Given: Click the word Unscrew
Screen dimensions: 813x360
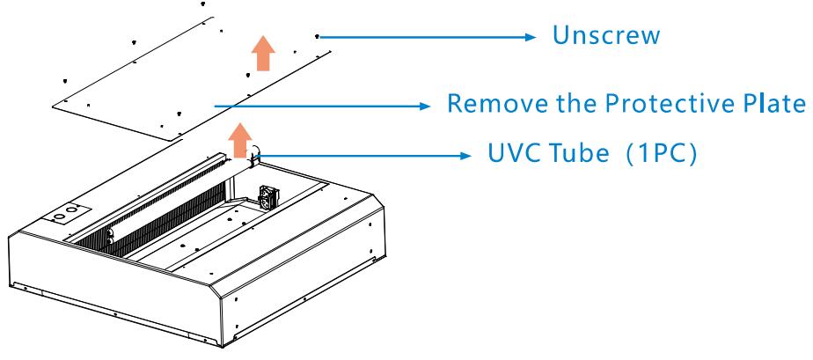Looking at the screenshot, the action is tap(605, 35).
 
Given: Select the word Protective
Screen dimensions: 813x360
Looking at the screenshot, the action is tap(666, 103).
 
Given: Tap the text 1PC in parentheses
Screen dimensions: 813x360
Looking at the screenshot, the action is tap(661, 153).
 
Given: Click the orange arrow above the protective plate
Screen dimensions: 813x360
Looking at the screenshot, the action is tap(263, 53).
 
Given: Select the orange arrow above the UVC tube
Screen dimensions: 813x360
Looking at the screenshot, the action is tap(239, 140).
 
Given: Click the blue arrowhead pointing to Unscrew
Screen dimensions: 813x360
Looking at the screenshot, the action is tap(529, 37).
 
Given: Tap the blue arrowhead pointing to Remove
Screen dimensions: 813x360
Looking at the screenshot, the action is tap(423, 106).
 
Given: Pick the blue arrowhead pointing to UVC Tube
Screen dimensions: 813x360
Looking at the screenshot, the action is tap(465, 155).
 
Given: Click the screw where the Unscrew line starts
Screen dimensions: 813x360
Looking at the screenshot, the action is tap(317, 36).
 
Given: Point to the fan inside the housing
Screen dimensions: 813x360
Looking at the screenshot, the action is tap(269, 195).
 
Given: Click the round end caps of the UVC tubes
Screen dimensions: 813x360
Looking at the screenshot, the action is tap(110, 237).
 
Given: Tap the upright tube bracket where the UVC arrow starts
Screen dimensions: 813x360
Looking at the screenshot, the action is tap(253, 157).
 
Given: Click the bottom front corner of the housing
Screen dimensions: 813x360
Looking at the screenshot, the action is tap(223, 346).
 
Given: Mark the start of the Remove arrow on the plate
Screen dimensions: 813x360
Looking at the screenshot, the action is tap(216, 106).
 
